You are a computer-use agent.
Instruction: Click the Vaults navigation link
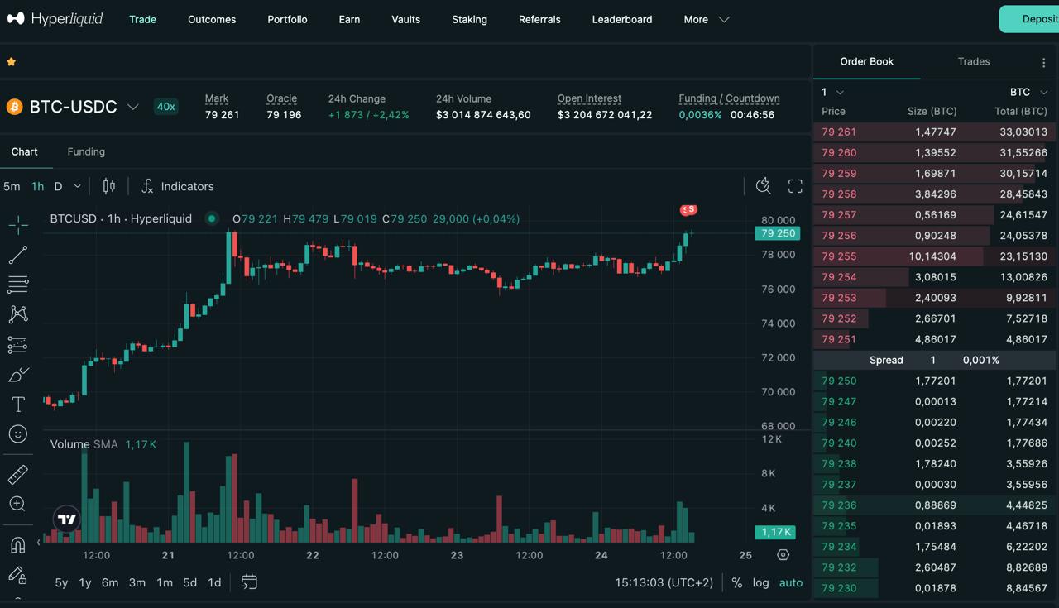[x=405, y=19]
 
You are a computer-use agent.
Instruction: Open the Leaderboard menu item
[x=621, y=19]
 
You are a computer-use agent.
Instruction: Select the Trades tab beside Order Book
[x=974, y=61]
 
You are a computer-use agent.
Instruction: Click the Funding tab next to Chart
[x=86, y=151]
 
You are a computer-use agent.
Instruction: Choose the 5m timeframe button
[x=12, y=186]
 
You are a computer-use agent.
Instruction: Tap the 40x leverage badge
[x=166, y=107]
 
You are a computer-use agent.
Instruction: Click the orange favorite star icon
[x=12, y=61]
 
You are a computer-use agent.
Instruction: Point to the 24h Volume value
[x=483, y=115]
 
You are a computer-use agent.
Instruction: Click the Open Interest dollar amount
[x=605, y=115]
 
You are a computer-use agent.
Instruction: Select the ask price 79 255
[x=839, y=256]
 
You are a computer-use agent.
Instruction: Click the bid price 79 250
[x=839, y=381]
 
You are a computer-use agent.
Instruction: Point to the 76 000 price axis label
[x=779, y=289]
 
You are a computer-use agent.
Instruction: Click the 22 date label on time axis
[x=313, y=555]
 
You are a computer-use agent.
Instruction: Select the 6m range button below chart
[x=110, y=582]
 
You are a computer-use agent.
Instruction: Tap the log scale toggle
[x=760, y=582]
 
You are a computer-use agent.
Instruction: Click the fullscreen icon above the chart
[x=795, y=186]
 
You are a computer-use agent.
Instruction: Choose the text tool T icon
[x=18, y=405]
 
